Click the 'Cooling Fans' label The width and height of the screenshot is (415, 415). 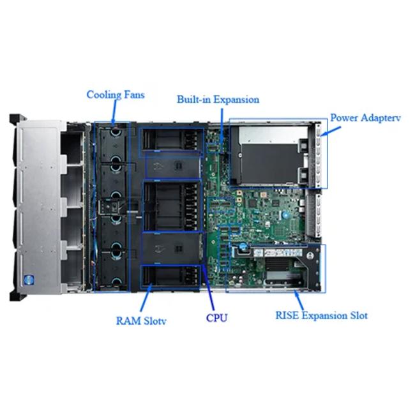(x=116, y=95)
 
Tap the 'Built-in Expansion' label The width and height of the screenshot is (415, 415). (x=218, y=100)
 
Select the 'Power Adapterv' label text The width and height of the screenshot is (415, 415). (x=365, y=117)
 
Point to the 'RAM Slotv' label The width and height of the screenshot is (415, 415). (x=141, y=321)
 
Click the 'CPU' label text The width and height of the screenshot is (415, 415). (x=217, y=318)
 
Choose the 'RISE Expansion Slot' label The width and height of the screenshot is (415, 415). (x=322, y=315)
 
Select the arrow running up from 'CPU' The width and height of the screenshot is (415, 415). (x=208, y=287)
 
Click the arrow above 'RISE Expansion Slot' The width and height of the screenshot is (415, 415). (x=299, y=300)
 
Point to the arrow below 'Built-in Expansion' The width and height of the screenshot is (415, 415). (x=222, y=130)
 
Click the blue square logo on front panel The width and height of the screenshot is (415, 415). (x=29, y=280)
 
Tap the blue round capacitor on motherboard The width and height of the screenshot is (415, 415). (x=285, y=215)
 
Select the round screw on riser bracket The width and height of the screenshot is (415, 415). (x=310, y=255)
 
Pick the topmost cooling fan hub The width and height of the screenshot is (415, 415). (x=116, y=132)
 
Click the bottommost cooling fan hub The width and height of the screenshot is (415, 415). (x=116, y=282)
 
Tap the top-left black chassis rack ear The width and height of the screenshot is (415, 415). (x=17, y=118)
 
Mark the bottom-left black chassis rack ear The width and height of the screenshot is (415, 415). (x=17, y=296)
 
